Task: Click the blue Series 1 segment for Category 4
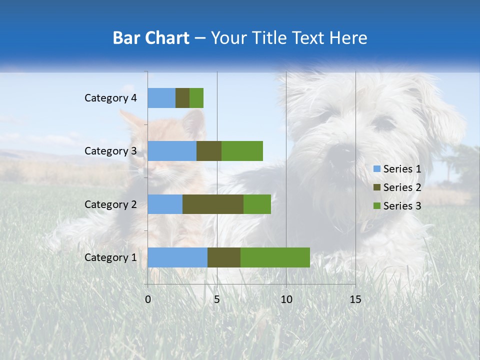tap(161, 98)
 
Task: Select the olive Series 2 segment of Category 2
tap(213, 204)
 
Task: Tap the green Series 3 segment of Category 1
tap(275, 257)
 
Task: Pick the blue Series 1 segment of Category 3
tap(172, 151)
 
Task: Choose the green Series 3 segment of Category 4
tap(196, 98)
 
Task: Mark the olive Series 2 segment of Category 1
tap(224, 257)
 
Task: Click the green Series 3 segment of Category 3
tap(242, 151)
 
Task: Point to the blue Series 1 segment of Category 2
tap(165, 204)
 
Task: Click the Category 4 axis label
tap(110, 98)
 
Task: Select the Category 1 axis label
tap(110, 257)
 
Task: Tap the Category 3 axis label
tap(110, 151)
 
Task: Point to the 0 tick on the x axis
tap(148, 299)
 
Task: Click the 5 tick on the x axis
tap(217, 299)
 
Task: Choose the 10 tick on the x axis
tap(286, 299)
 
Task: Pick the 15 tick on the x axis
tap(355, 299)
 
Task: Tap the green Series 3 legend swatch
tap(376, 206)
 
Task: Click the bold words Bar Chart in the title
tap(151, 38)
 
